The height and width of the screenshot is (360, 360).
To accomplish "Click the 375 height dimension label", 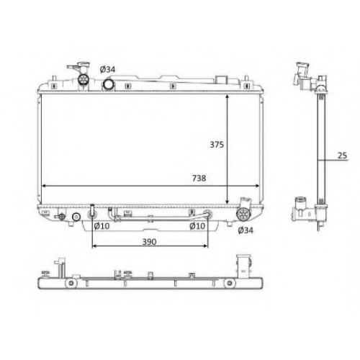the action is pos(217,145).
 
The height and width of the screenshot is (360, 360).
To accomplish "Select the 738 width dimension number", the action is pos(199,178).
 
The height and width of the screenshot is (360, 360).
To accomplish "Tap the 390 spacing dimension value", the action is pos(149,242).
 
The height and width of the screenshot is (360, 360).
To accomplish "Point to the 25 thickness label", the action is pos(342,156).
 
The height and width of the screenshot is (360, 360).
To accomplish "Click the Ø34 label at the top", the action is pos(107,69).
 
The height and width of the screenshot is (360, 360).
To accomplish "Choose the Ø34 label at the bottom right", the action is pos(246,230).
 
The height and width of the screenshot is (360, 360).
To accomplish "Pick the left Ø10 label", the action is pos(102,226).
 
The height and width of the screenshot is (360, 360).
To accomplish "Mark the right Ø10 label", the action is pos(197,226).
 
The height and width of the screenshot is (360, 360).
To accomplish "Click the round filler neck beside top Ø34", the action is pos(109,84).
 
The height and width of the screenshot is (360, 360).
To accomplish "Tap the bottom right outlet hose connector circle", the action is pos(243,214).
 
